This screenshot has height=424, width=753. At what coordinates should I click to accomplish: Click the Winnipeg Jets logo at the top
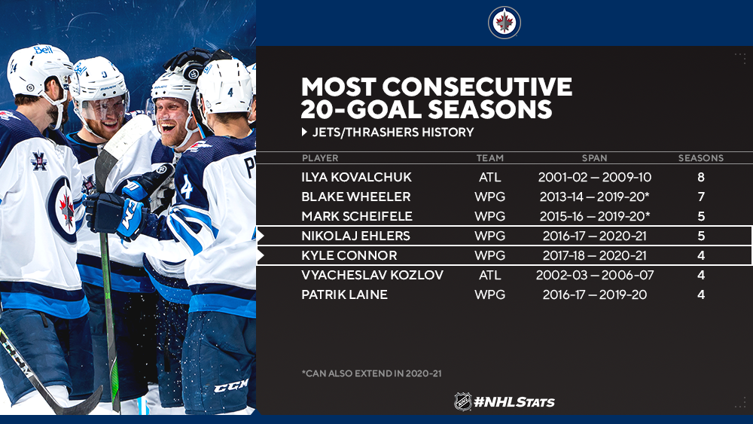tap(505, 23)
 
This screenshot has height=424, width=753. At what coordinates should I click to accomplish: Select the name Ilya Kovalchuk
tap(356, 177)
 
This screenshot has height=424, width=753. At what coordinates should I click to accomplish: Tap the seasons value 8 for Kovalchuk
tap(700, 177)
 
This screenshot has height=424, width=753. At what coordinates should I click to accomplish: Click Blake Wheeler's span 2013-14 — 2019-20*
tap(595, 197)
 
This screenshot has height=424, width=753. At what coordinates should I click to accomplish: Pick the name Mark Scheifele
tap(357, 217)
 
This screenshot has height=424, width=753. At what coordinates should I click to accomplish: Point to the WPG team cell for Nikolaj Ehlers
tap(490, 236)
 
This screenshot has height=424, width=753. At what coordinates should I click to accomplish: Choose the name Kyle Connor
tap(349, 255)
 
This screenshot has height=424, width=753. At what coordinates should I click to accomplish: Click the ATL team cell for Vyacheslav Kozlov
tap(490, 275)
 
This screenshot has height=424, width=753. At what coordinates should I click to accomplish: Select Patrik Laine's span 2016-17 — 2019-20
tap(595, 294)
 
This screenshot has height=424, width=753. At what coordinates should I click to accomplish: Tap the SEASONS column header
tap(700, 158)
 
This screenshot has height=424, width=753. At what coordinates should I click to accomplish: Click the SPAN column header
tap(595, 158)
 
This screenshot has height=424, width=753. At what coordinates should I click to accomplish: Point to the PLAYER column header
tap(320, 158)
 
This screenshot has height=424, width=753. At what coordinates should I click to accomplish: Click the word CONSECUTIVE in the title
tap(477, 87)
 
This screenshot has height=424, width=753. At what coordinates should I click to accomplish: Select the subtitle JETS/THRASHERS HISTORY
tap(393, 132)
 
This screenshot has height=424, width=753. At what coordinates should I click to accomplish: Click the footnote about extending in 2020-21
tap(372, 373)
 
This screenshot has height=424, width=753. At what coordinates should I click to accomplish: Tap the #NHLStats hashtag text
tap(514, 402)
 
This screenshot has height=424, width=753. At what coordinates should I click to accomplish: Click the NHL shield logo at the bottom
tap(463, 401)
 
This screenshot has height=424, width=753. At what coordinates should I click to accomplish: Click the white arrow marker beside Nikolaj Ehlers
tap(261, 236)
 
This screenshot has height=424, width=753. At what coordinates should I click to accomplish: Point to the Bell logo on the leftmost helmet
tap(43, 50)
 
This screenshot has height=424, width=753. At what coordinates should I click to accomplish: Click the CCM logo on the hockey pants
tap(231, 386)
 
